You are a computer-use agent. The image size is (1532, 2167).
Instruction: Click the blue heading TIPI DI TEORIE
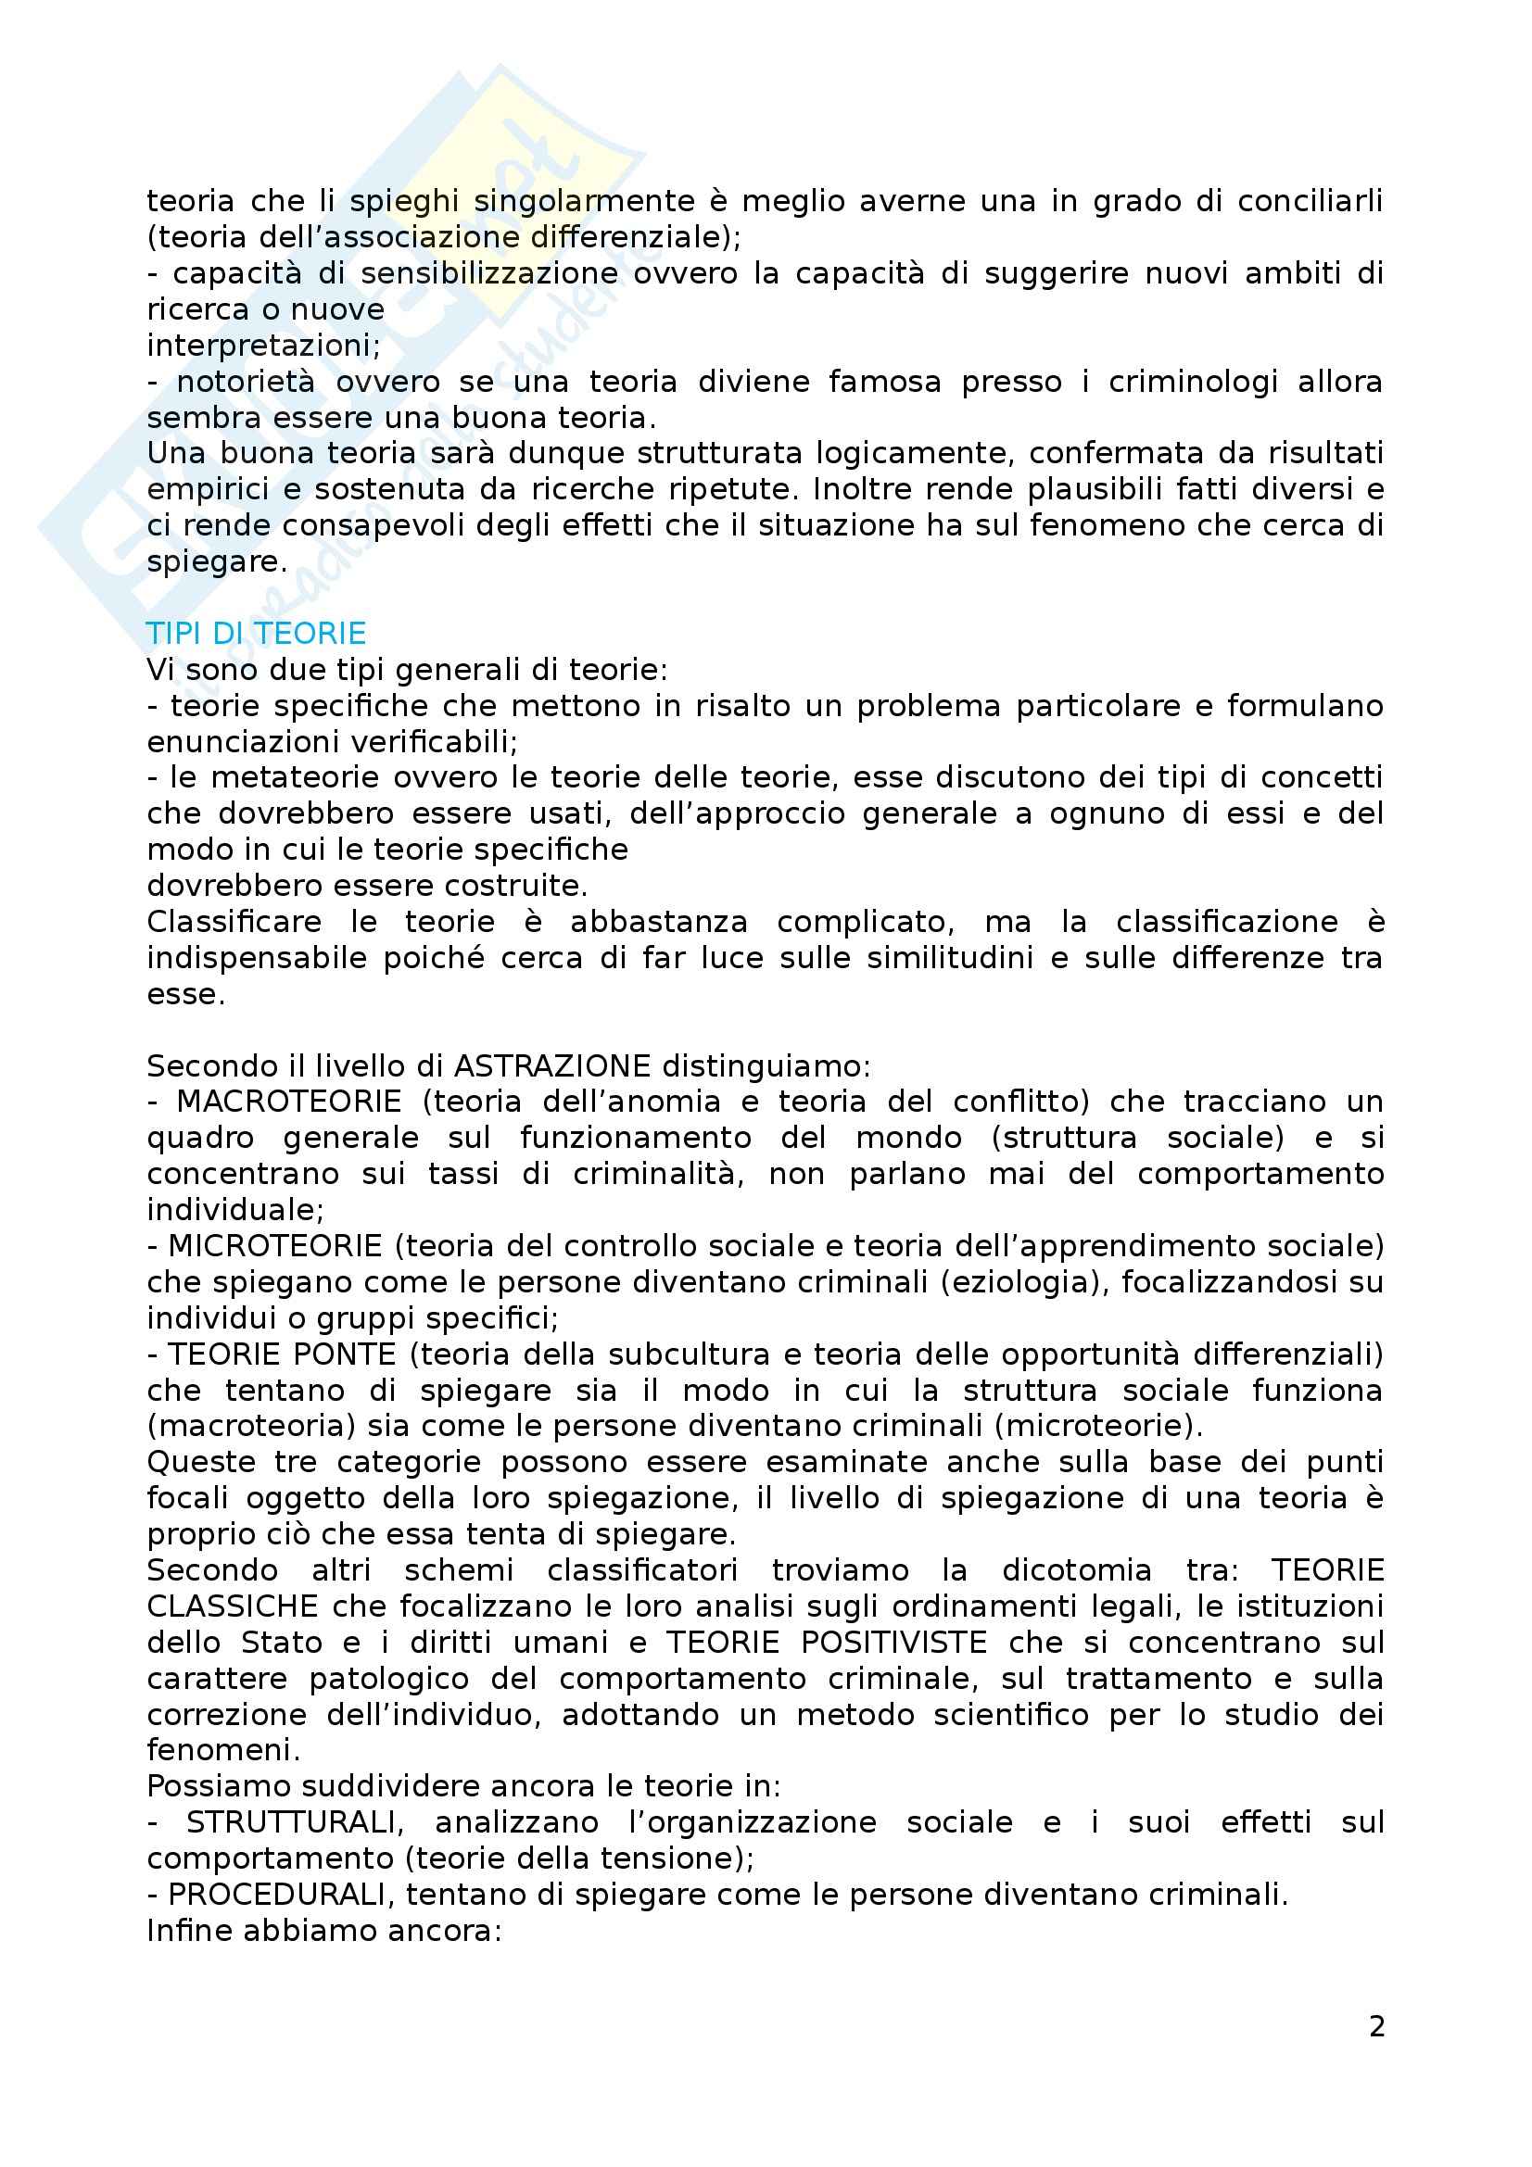coord(256,634)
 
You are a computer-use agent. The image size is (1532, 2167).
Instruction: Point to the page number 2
coord(1376,2025)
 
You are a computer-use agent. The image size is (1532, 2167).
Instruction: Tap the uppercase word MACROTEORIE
coord(289,1102)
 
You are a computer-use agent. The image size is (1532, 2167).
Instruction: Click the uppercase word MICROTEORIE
coord(274,1246)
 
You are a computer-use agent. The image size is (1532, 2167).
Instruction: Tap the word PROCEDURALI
coord(283,1895)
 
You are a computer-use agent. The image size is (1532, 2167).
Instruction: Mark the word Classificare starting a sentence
coord(234,922)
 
